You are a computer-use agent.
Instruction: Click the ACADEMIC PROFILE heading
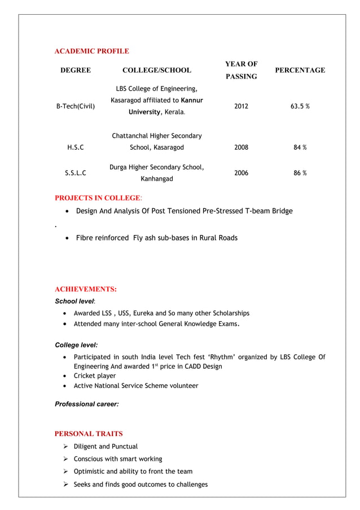pyautogui.click(x=91, y=51)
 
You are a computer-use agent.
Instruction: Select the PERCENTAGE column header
pyautogui.click(x=300, y=70)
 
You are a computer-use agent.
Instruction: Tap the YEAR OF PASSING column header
pyautogui.click(x=241, y=70)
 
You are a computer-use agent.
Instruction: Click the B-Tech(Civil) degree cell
pyautogui.click(x=76, y=106)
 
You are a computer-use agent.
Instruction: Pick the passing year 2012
pyautogui.click(x=241, y=106)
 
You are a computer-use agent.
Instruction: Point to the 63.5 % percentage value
pyautogui.click(x=300, y=106)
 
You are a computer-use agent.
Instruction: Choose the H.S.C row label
pyautogui.click(x=76, y=147)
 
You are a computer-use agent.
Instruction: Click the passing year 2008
pyautogui.click(x=241, y=147)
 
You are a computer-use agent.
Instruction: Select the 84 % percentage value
pyautogui.click(x=300, y=147)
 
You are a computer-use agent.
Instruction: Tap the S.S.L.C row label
pyautogui.click(x=76, y=173)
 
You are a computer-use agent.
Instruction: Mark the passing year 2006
pyautogui.click(x=241, y=173)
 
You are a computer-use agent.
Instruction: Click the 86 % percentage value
pyautogui.click(x=300, y=173)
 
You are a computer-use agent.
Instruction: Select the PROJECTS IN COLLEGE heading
pyautogui.click(x=98, y=198)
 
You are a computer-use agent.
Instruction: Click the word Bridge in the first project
pyautogui.click(x=281, y=211)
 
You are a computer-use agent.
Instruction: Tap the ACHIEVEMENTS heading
pyautogui.click(x=85, y=289)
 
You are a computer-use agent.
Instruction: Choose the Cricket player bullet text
pyautogui.click(x=95, y=376)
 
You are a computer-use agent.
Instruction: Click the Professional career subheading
pyautogui.click(x=87, y=404)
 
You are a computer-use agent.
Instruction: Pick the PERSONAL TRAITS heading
pyautogui.click(x=89, y=434)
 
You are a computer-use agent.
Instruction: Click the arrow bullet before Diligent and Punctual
pyautogui.click(x=66, y=446)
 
